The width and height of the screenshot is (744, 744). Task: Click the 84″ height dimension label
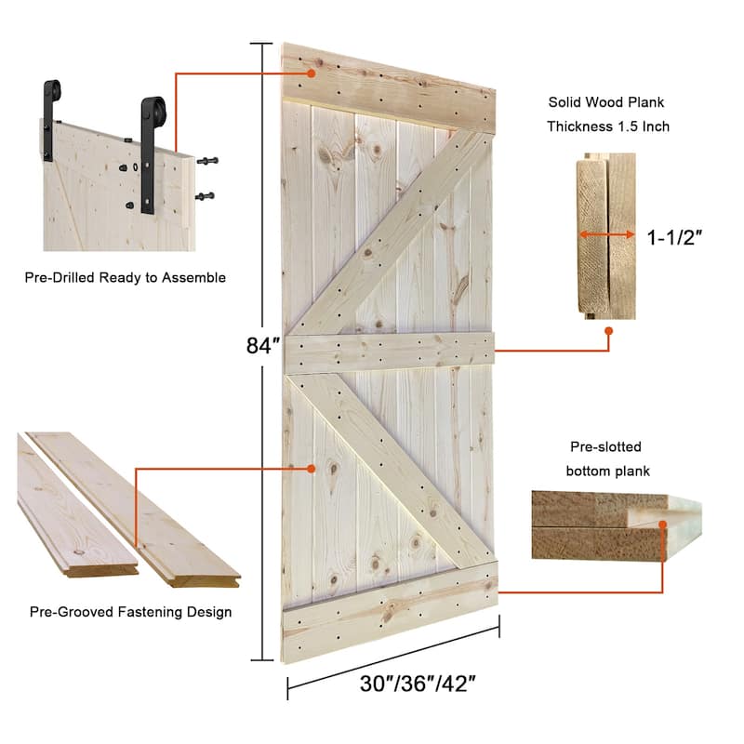click(x=263, y=346)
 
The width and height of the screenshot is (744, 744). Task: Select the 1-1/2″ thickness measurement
click(x=674, y=236)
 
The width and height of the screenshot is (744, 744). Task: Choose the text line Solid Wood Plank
click(x=607, y=103)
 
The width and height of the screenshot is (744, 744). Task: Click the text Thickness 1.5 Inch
click(x=608, y=126)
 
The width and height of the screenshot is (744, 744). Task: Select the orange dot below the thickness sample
click(x=609, y=330)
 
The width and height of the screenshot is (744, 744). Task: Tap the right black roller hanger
click(x=151, y=149)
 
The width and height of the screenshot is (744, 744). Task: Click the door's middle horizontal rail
click(x=391, y=351)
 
